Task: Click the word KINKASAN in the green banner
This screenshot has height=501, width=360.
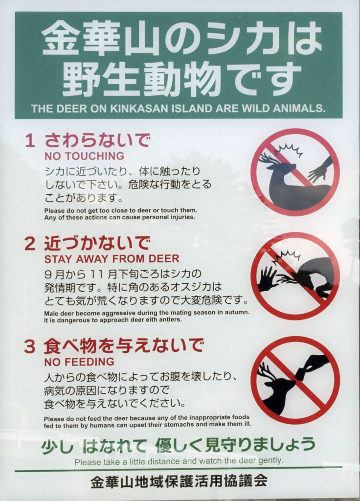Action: pyautogui.click(x=139, y=109)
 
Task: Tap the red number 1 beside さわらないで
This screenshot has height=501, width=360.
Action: pyautogui.click(x=30, y=140)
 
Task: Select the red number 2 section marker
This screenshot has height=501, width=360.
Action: pyautogui.click(x=30, y=244)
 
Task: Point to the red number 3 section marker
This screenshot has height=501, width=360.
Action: pyautogui.click(x=30, y=347)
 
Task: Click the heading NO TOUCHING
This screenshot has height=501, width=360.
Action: pyautogui.click(x=84, y=156)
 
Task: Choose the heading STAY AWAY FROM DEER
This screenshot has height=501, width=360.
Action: pyautogui.click(x=112, y=259)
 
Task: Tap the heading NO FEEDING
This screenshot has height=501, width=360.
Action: pyautogui.click(x=79, y=362)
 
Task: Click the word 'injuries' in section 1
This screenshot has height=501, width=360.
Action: pyautogui.click(x=183, y=217)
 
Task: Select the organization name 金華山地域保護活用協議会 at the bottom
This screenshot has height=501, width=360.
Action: pyautogui.click(x=179, y=481)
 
